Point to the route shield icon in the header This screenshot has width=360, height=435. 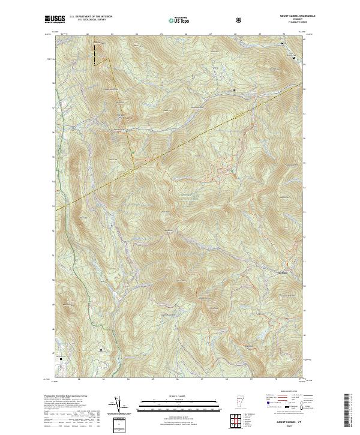click(240, 20)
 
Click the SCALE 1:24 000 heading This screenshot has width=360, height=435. click(177, 396)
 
